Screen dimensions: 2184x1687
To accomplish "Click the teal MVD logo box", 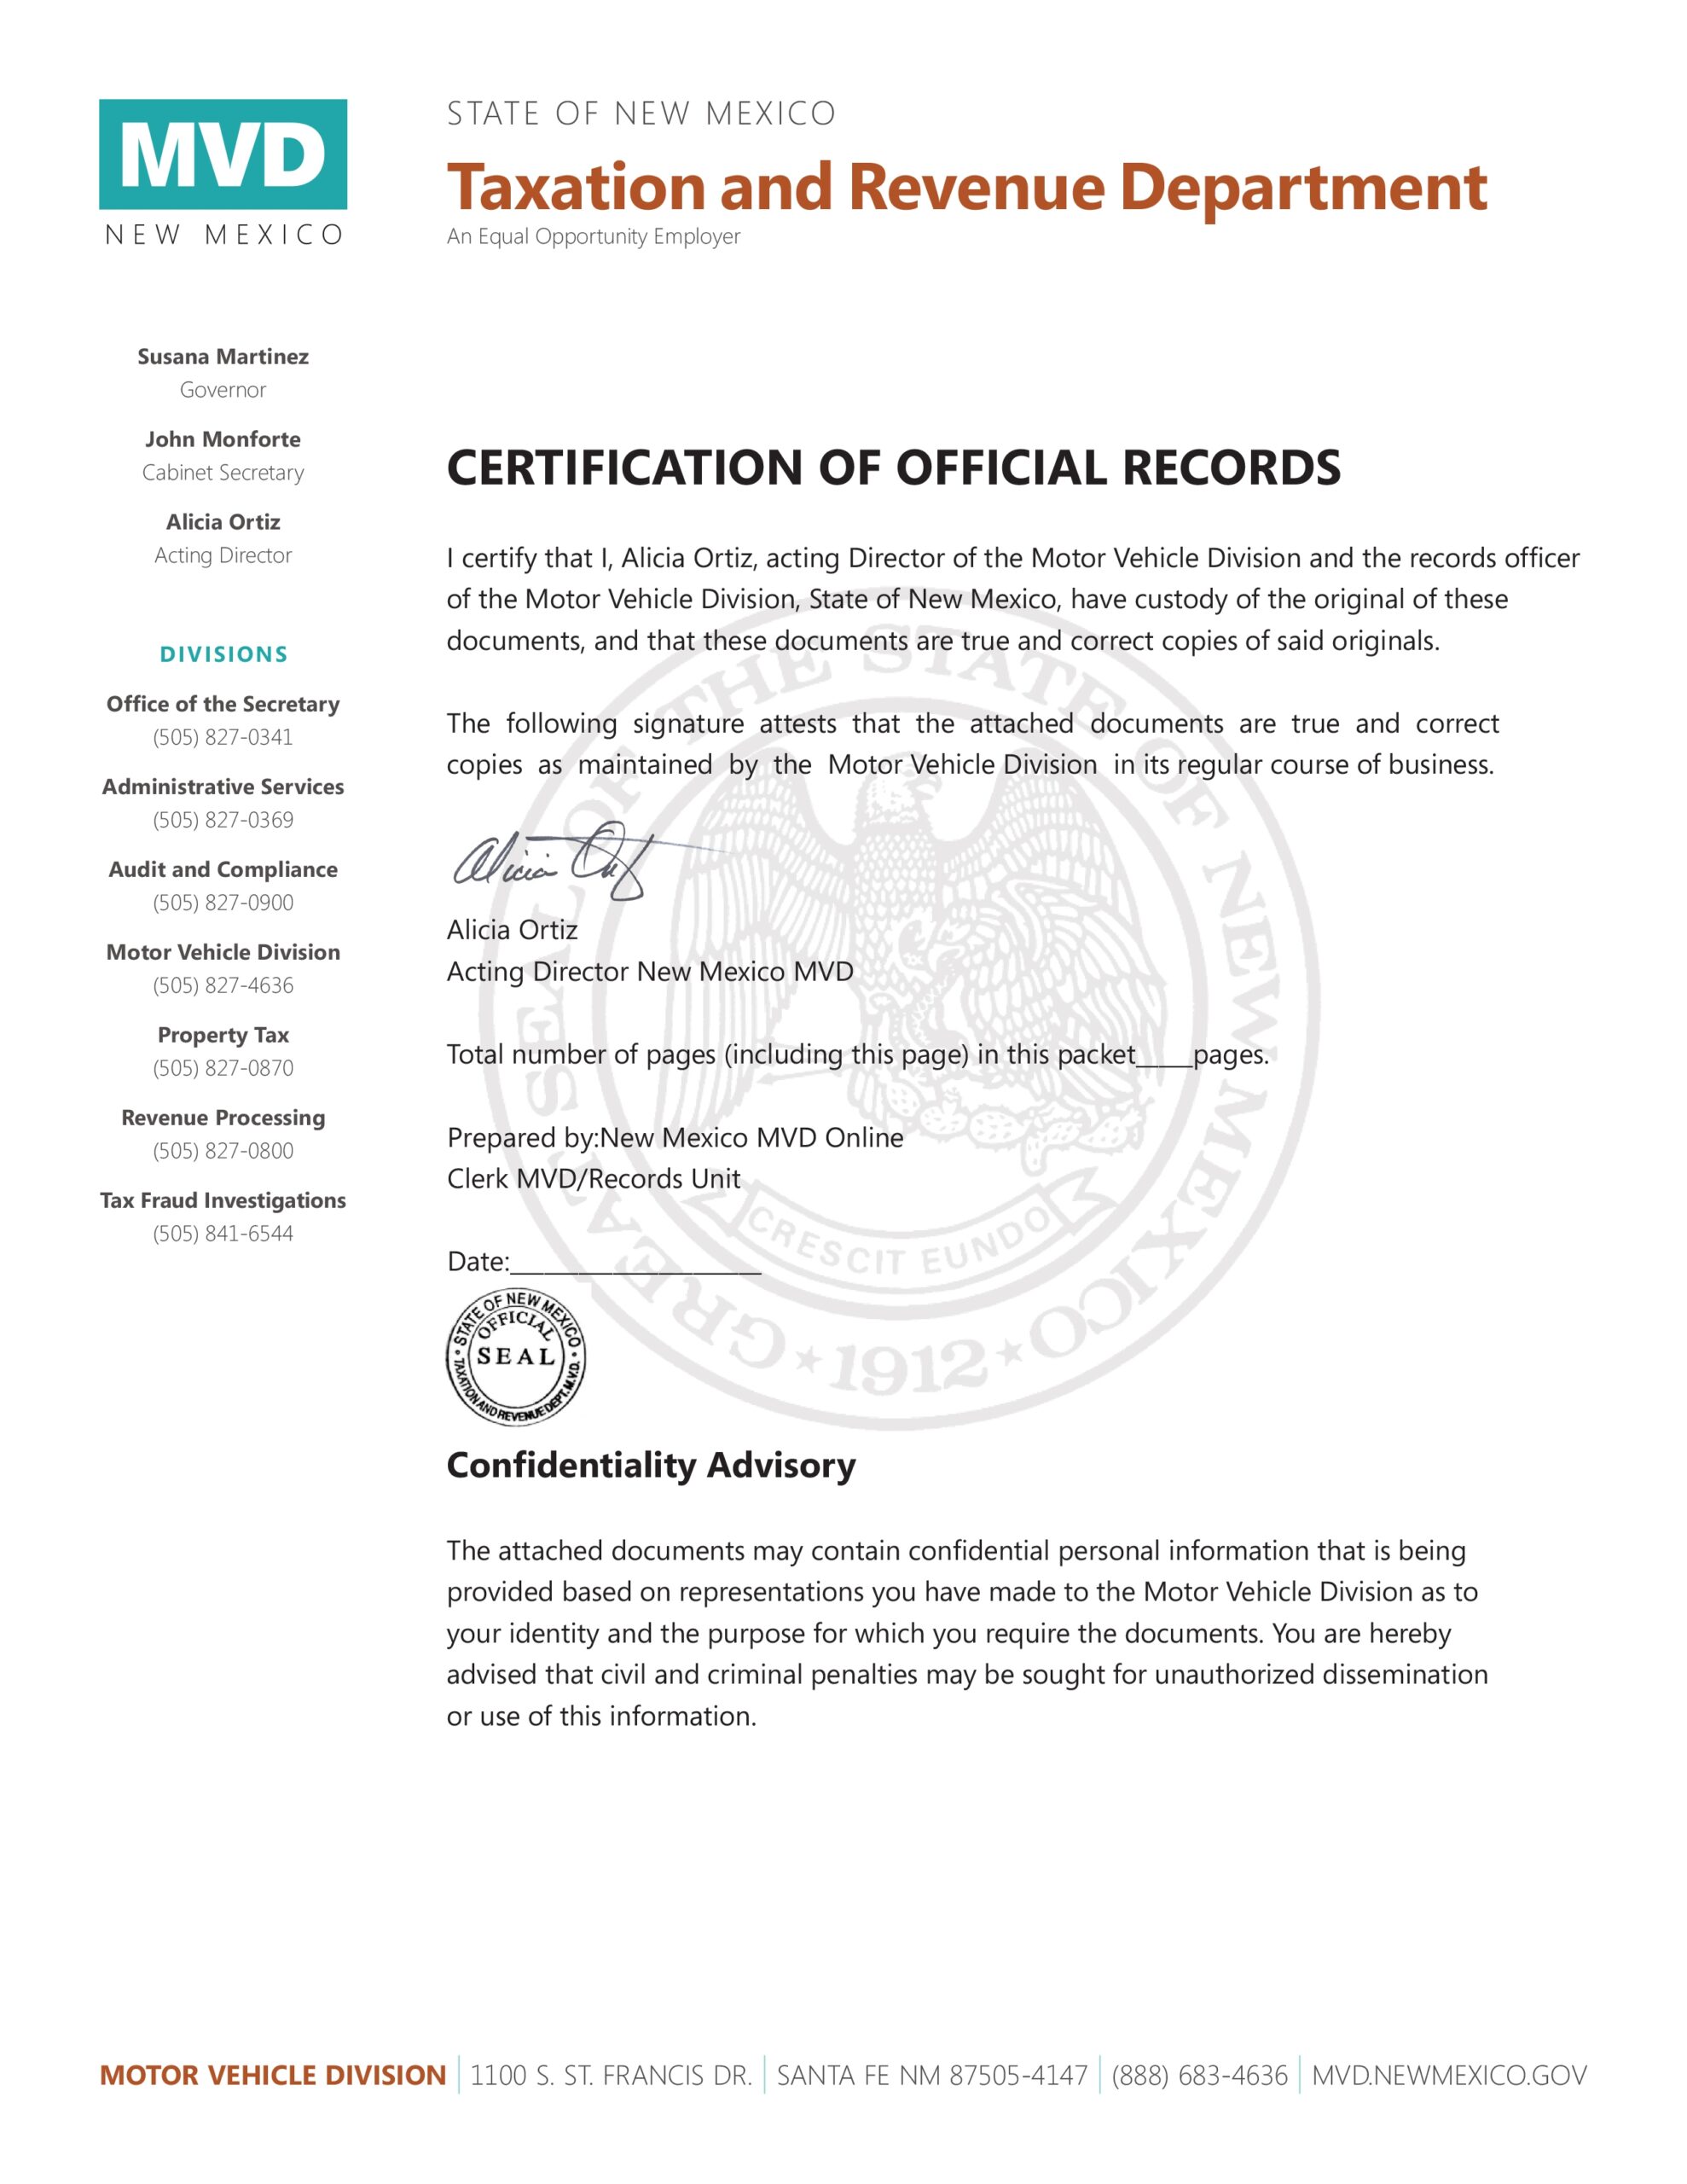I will (x=222, y=154).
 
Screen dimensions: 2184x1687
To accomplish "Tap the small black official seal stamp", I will (x=515, y=1357).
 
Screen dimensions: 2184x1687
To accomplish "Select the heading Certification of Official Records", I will (x=893, y=468).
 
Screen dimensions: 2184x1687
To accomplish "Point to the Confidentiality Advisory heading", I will (x=651, y=1465).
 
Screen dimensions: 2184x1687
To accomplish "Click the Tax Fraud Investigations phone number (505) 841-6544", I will (x=223, y=1234).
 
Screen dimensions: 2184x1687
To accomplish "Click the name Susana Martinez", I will (x=223, y=357).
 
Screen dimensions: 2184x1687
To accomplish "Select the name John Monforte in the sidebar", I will (x=223, y=439).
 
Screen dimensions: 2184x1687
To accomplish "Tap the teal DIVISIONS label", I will (x=223, y=655).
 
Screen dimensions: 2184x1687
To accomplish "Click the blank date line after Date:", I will (x=635, y=1265).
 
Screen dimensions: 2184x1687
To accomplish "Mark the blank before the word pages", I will (x=1164, y=1059).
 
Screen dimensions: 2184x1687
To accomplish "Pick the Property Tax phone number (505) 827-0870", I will (x=223, y=1068).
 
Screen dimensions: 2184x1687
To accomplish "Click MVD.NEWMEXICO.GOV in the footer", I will (x=1448, y=2076).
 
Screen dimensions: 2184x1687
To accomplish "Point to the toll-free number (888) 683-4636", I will (x=1199, y=2076).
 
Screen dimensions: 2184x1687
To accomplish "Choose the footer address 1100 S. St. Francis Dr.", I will (x=611, y=2076).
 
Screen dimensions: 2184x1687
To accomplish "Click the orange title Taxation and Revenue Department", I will (x=966, y=187).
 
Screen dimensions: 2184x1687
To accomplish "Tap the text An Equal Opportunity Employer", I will (x=593, y=237).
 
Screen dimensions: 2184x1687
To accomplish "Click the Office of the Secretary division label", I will (x=223, y=704).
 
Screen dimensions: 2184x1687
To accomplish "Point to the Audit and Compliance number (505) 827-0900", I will (x=223, y=903).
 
